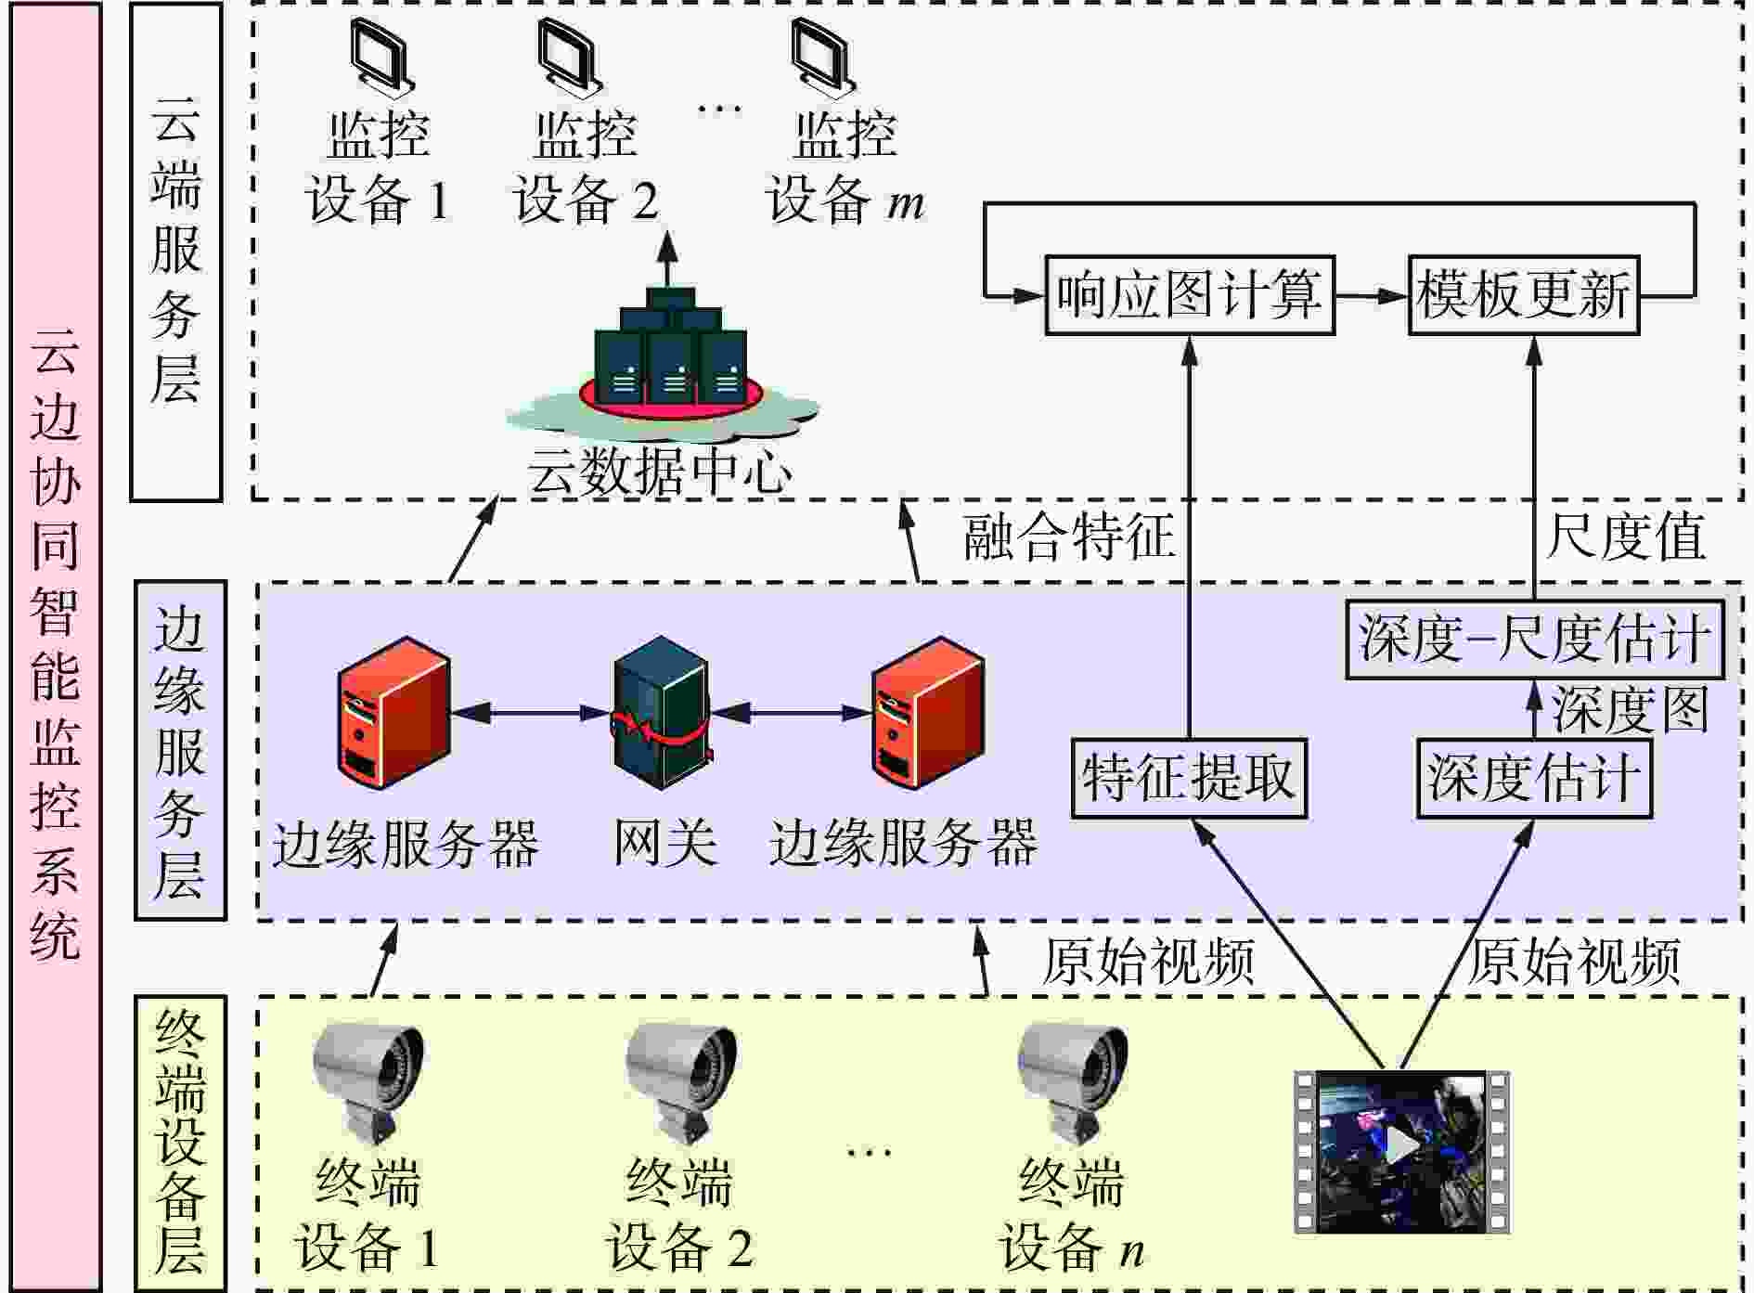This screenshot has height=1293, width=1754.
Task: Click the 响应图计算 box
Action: point(1190,295)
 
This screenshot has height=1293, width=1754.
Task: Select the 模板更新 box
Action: point(1524,295)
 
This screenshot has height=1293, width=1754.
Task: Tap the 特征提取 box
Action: point(1189,778)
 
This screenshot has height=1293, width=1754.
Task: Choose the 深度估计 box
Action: point(1534,778)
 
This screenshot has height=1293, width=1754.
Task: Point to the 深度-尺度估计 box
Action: point(1534,640)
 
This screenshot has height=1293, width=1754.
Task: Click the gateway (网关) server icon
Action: point(662,713)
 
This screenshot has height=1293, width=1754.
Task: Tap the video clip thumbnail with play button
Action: point(1401,1152)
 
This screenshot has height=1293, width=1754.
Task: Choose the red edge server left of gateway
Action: point(393,713)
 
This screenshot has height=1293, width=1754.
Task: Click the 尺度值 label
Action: point(1626,537)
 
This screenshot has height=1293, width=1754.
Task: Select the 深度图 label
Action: point(1631,709)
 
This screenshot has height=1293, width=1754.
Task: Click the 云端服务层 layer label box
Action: point(175,252)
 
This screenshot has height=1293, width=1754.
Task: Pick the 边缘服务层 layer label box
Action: point(180,750)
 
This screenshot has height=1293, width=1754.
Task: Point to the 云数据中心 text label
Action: point(660,472)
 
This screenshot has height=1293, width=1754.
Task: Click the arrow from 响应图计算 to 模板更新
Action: point(1372,296)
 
